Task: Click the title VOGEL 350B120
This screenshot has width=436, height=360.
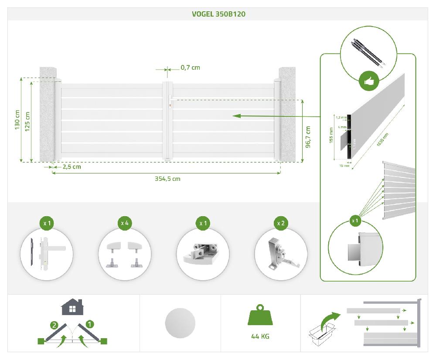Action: pos(218,14)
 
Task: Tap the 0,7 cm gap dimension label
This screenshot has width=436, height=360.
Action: pos(190,68)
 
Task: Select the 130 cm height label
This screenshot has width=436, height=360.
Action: pos(18,119)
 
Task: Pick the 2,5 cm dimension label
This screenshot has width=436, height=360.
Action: pos(72,166)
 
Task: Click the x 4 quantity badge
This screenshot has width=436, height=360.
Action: pos(125,223)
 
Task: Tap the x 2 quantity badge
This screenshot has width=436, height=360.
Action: pos(281,223)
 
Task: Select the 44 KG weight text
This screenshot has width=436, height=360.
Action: pos(260,336)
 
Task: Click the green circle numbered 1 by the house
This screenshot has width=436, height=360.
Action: pos(90,324)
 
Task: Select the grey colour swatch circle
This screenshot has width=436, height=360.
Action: pos(180,323)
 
